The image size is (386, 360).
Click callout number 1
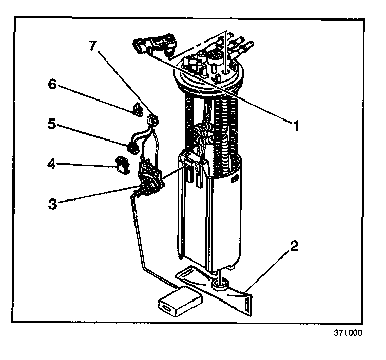(296, 126)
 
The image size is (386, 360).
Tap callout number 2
(294, 246)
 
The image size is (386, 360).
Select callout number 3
(53, 204)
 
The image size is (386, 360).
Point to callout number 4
(51, 164)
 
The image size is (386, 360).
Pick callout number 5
(52, 124)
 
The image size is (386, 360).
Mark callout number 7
(92, 45)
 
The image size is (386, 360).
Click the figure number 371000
(348, 333)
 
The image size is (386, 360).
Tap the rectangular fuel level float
(180, 301)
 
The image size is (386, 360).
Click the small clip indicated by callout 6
(138, 110)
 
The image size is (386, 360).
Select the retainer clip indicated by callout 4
(122, 165)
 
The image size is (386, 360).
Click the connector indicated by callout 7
(152, 119)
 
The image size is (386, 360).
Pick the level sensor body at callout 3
(150, 178)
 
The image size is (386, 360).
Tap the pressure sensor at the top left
(155, 45)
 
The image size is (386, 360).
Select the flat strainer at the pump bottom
(214, 290)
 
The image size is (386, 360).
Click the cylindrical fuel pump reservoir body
(209, 211)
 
